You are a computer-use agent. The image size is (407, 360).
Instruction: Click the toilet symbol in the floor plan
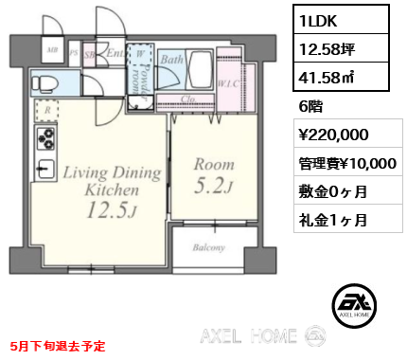coord(44,83)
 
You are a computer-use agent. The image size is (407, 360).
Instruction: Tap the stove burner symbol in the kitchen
coord(44,140)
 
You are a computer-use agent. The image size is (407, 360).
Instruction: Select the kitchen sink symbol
coord(44,171)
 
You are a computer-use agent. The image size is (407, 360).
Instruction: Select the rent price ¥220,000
coord(327,135)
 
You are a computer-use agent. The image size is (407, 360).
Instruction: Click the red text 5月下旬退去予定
coord(59,347)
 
